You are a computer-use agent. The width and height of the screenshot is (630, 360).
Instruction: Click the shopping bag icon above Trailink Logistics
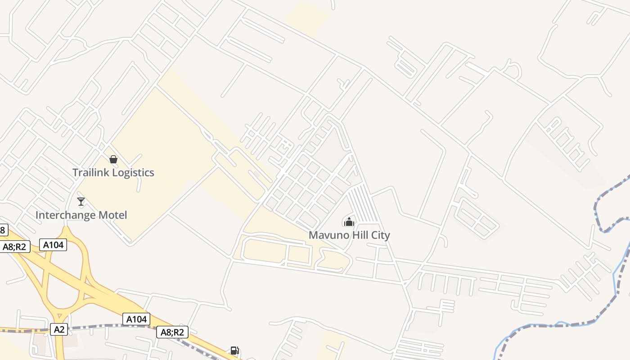(113, 159)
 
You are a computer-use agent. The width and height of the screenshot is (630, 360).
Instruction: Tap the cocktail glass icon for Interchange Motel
(81, 202)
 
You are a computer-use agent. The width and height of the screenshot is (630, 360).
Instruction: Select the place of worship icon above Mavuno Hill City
(349, 221)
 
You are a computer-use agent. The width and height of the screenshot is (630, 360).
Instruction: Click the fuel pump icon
(234, 351)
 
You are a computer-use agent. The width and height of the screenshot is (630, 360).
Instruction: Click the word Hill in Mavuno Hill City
(358, 235)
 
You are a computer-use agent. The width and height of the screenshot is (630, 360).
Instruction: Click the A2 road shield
(59, 329)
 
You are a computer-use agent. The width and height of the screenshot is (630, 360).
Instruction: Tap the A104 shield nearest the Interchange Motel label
(53, 245)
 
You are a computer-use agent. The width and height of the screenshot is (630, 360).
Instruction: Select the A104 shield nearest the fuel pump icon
(136, 319)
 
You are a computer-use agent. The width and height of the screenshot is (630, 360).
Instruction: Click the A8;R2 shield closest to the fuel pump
(172, 333)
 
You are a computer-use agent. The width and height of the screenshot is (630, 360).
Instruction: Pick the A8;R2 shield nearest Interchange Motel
(14, 247)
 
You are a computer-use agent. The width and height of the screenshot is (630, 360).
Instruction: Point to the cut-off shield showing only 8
(3, 230)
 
